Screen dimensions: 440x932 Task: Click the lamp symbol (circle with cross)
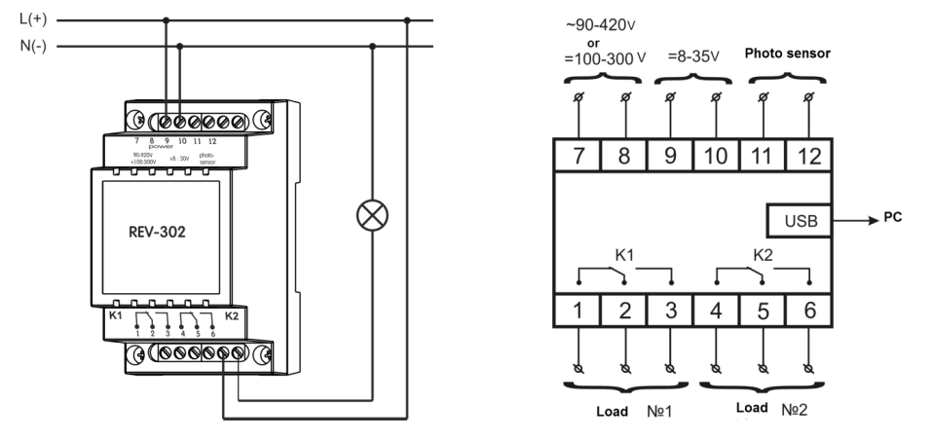click(x=371, y=217)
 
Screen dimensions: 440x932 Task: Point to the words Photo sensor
click(x=787, y=55)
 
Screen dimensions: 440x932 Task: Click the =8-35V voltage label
click(x=694, y=55)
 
